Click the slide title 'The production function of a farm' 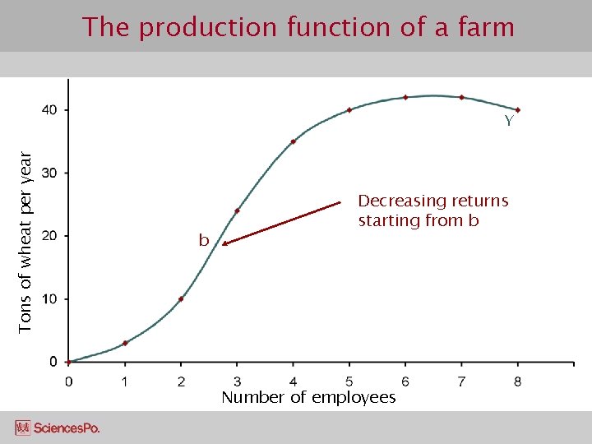[298, 28]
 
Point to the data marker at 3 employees [237, 211]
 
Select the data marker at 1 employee [125, 343]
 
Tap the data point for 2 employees [181, 298]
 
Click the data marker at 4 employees [293, 141]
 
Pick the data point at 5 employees [349, 110]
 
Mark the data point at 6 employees [405, 97]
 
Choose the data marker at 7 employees [461, 97]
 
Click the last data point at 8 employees [518, 110]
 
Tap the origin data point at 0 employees [69, 362]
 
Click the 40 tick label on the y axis [50, 110]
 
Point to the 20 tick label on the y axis [50, 236]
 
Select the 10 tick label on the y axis [50, 299]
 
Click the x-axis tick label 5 [349, 382]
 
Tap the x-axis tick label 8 [518, 382]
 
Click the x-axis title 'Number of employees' [308, 398]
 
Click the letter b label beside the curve [203, 241]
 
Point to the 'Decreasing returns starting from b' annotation [432, 210]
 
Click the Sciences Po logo [58, 428]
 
